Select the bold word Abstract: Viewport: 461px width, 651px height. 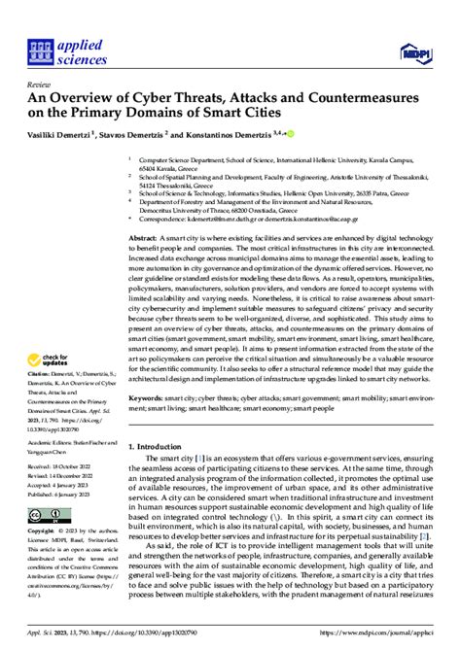click(x=142, y=236)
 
